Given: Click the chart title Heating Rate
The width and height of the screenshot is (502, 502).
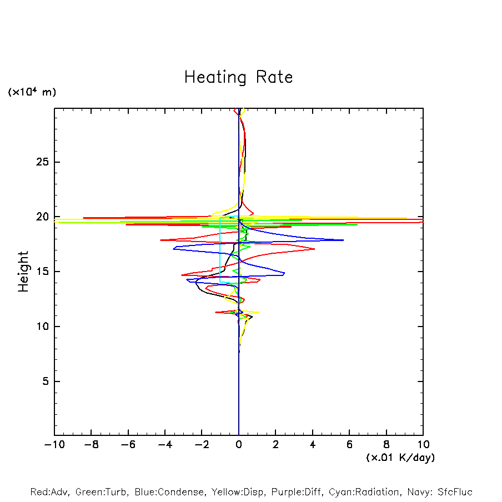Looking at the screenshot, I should click(x=238, y=77).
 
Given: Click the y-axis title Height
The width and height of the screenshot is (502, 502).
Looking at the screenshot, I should click(x=23, y=272).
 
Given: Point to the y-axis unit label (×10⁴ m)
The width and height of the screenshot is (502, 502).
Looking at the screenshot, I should click(x=32, y=92).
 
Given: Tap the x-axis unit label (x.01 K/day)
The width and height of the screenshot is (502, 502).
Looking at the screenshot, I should click(x=400, y=458).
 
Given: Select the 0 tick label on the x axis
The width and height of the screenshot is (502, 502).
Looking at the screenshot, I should click(x=239, y=445).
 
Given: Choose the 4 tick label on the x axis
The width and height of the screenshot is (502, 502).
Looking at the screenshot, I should click(x=313, y=445).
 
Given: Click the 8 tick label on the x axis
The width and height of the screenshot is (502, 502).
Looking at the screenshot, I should click(x=386, y=445).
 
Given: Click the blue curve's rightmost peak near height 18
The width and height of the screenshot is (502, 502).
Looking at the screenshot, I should click(x=343, y=240).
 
